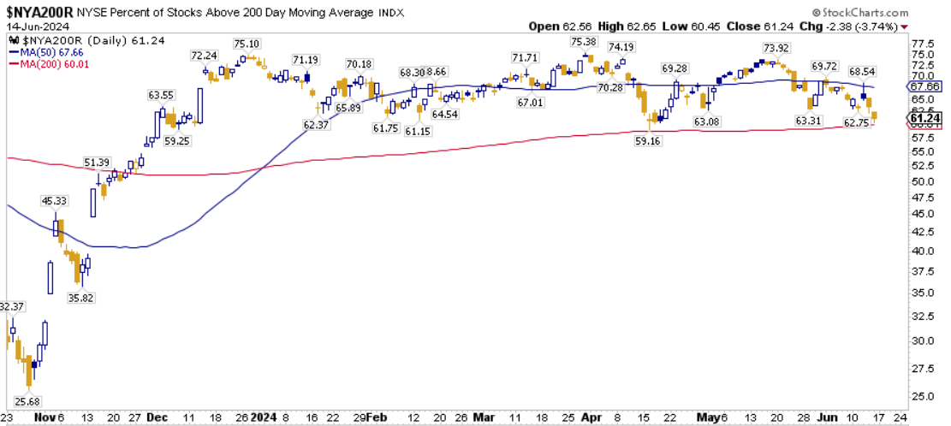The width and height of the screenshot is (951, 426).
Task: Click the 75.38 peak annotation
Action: (583, 43)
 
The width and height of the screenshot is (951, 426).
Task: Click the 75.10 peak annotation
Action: (247, 44)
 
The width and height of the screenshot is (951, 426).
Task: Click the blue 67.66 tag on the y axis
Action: (928, 86)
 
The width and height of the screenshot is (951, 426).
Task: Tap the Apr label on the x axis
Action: (589, 418)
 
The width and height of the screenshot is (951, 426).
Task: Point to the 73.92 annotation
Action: (776, 48)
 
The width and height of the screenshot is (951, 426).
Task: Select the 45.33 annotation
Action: (55, 201)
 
